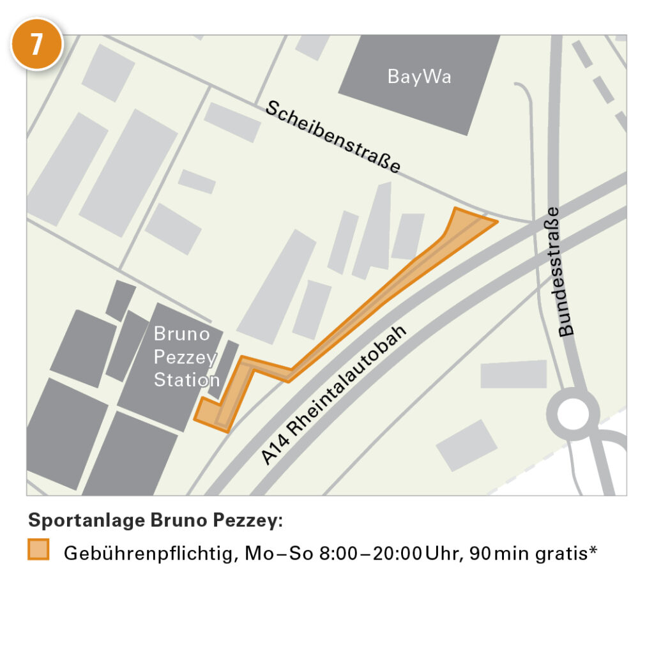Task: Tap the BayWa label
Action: coord(419,77)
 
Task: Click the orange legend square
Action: coord(38,551)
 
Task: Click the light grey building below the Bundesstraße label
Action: coord(513,374)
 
